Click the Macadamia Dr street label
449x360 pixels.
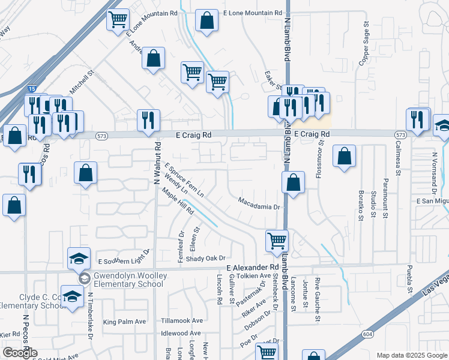click(259, 207)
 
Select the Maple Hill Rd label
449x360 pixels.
click(178, 202)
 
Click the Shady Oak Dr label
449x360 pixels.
click(204, 258)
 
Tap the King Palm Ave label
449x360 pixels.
click(124, 322)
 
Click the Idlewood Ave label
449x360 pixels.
click(181, 333)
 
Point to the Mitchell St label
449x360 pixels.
click(82, 84)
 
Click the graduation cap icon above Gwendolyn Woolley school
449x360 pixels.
click(79, 258)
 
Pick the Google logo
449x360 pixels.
click(20, 353)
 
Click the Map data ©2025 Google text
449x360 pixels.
click(411, 355)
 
